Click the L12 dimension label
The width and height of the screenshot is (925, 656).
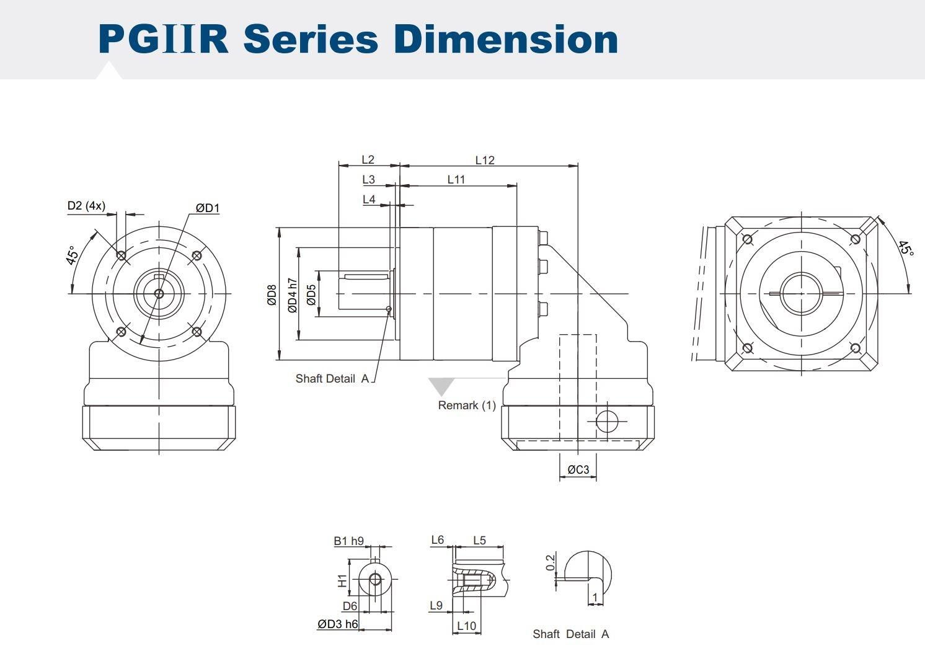(485, 160)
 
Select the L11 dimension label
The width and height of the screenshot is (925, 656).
(456, 179)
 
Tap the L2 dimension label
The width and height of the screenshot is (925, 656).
(368, 160)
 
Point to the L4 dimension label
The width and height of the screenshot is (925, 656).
(369, 199)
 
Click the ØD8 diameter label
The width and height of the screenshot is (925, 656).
(272, 295)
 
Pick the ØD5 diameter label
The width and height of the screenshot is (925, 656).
(311, 295)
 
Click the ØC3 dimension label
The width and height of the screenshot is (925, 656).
(578, 470)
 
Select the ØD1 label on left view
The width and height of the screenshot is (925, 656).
(208, 208)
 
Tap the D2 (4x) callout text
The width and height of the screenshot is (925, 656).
(86, 205)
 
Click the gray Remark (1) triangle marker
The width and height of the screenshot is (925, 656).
(441, 386)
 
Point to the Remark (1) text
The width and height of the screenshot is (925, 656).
(467, 406)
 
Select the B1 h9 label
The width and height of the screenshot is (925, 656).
(348, 541)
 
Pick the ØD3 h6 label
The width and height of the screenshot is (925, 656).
(338, 624)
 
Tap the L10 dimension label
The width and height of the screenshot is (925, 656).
(466, 626)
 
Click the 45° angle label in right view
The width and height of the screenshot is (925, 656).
(906, 249)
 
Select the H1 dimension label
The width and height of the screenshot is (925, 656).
(342, 580)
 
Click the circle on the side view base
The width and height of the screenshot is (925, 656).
(607, 422)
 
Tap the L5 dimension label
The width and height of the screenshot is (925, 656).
(479, 540)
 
